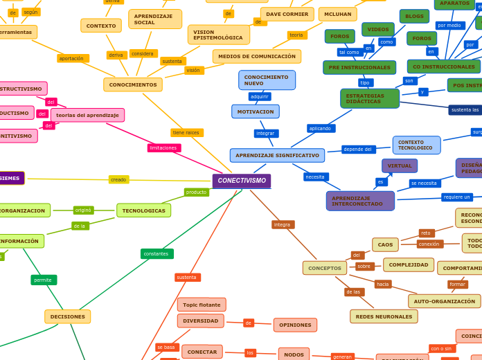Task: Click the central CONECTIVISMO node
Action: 241,181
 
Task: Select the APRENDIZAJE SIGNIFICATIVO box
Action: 277,155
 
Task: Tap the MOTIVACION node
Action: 255,111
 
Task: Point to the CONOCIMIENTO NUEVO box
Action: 267,80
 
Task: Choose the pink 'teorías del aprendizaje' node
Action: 87,115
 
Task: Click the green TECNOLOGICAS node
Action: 143,210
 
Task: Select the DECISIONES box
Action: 68,316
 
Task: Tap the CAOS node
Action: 385,244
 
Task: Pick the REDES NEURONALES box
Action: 384,316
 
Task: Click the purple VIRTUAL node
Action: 400,166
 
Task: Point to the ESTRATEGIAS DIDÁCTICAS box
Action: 369,98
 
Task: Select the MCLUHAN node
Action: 337,14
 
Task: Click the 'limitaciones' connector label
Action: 164,147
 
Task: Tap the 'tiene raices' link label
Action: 186,132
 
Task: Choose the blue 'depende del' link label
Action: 358,149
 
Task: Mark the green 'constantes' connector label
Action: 157,253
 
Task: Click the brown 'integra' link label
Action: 283,224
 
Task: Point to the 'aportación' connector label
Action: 72,58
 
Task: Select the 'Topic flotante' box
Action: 202,305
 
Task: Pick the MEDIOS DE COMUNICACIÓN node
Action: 256,56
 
